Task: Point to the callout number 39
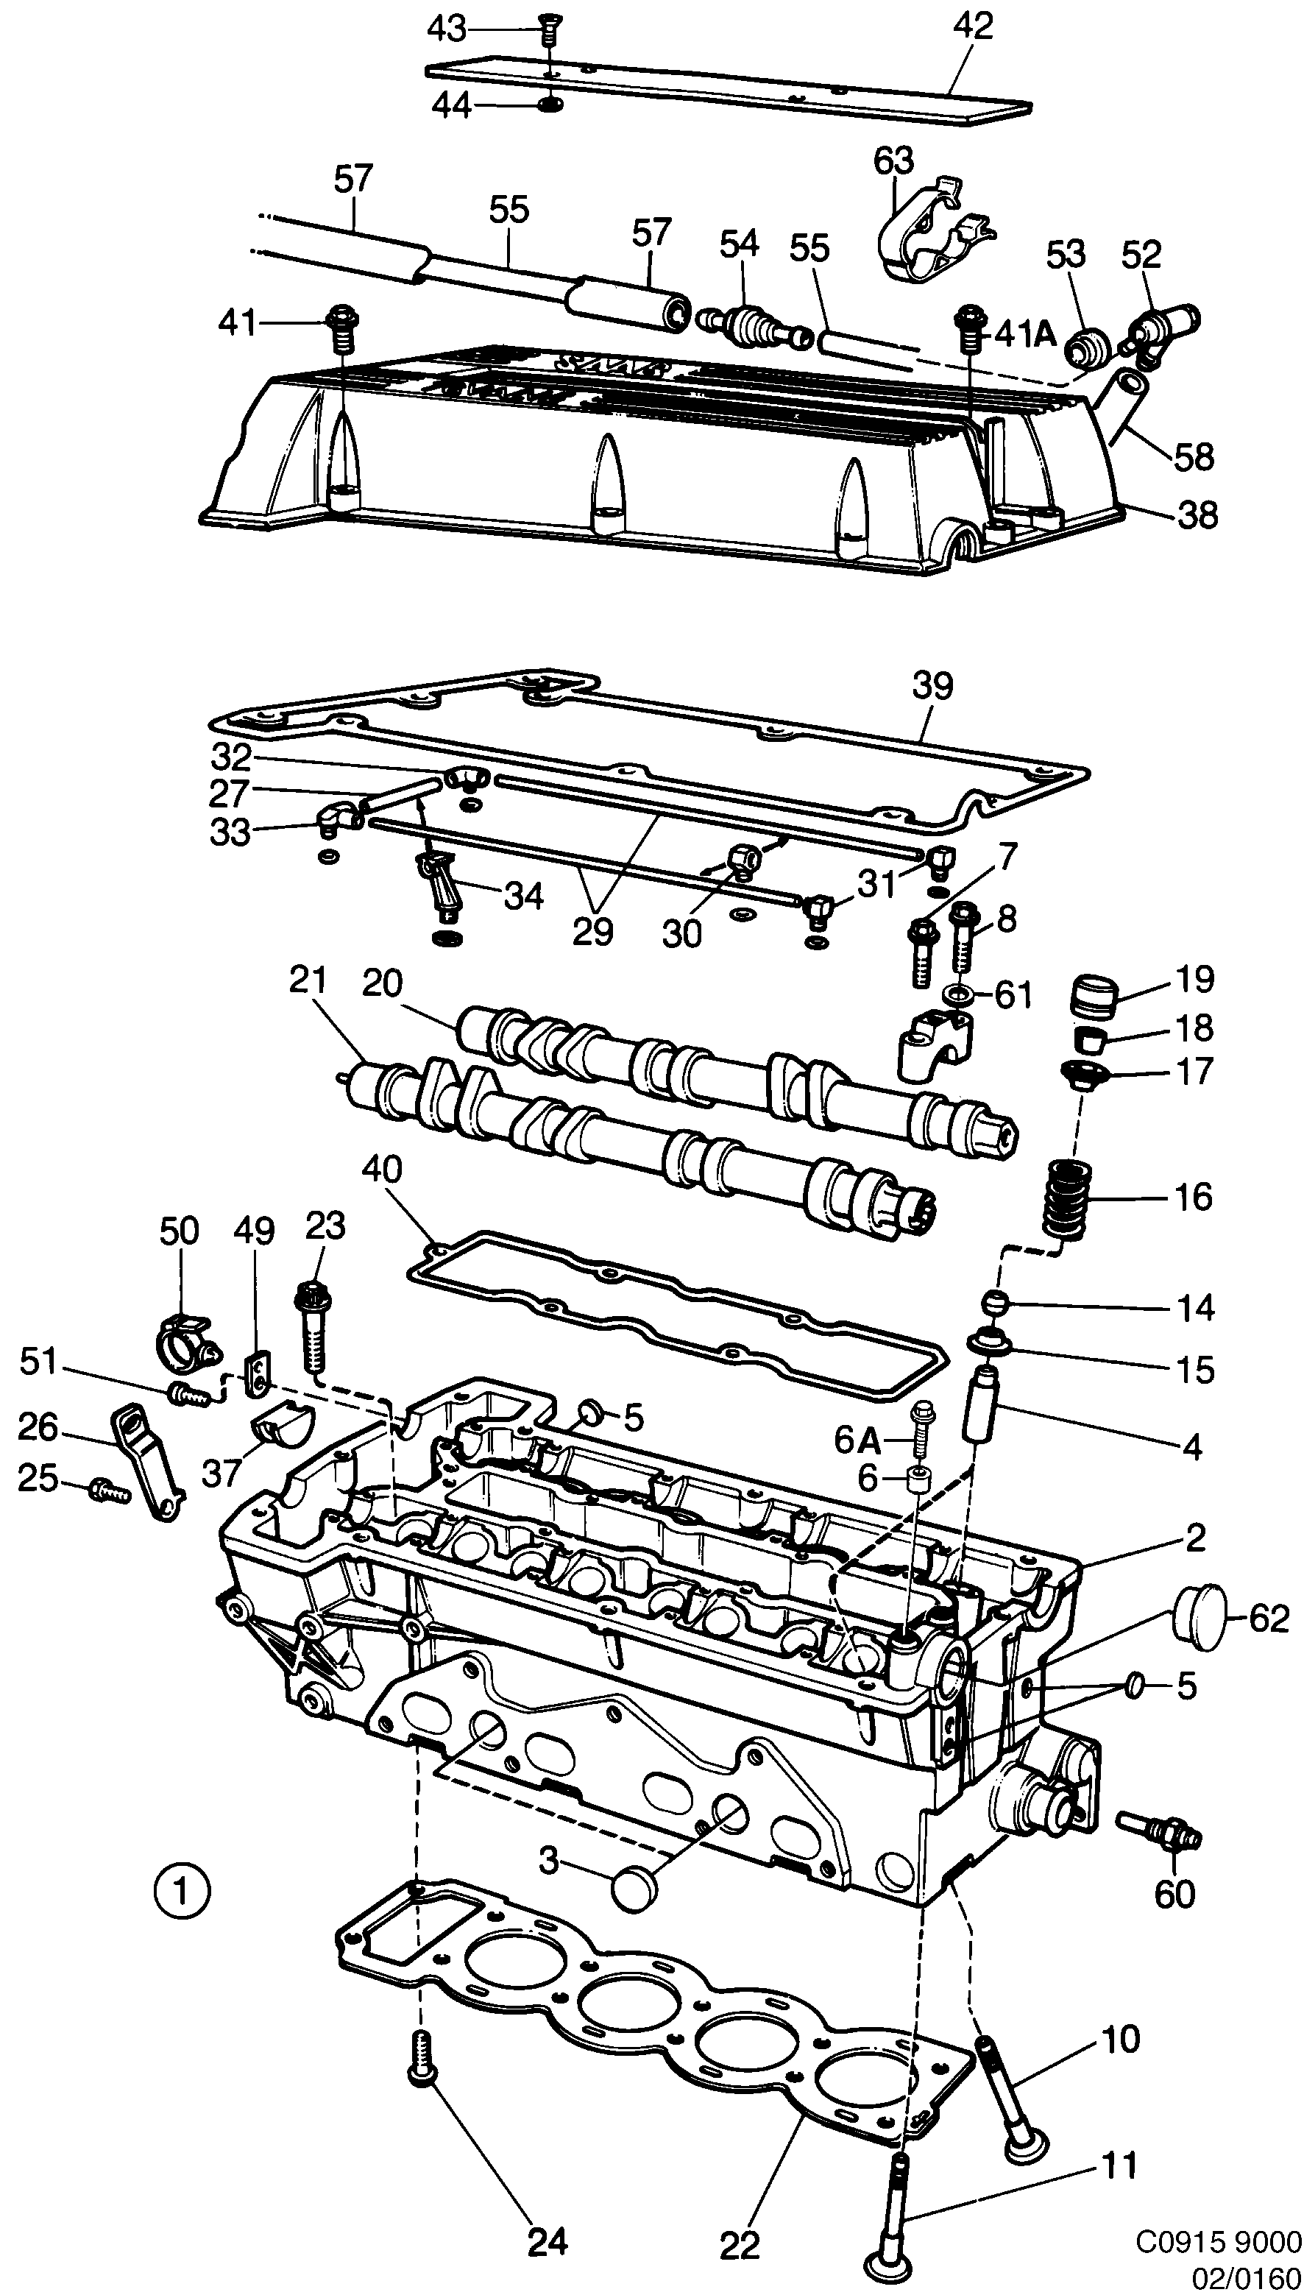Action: (x=933, y=686)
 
